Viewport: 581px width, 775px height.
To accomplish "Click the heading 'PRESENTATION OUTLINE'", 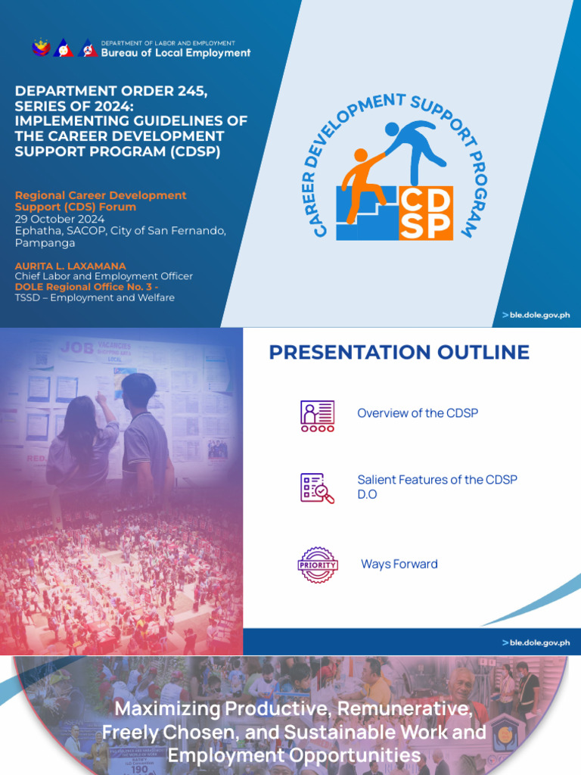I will [x=399, y=352].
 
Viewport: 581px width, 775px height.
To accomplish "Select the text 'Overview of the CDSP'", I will [x=418, y=413].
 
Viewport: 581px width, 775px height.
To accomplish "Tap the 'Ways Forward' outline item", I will [x=399, y=564].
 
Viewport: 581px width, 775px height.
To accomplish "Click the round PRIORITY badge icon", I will [x=318, y=565].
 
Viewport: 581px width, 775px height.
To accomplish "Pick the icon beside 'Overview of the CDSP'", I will [x=318, y=416].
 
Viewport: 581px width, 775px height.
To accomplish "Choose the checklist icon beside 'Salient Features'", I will [x=318, y=488].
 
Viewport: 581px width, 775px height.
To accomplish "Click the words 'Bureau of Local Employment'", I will [x=176, y=53].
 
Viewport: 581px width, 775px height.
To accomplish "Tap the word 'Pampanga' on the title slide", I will [x=45, y=244].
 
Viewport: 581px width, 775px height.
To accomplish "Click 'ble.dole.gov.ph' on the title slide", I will [x=539, y=315].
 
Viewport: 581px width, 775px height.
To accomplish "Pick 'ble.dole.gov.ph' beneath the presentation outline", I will [x=539, y=643].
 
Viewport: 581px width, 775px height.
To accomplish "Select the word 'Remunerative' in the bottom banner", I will [x=405, y=710].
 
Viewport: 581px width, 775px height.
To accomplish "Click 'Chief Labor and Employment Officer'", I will [x=104, y=277].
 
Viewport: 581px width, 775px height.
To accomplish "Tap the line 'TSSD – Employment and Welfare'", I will [x=95, y=298].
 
